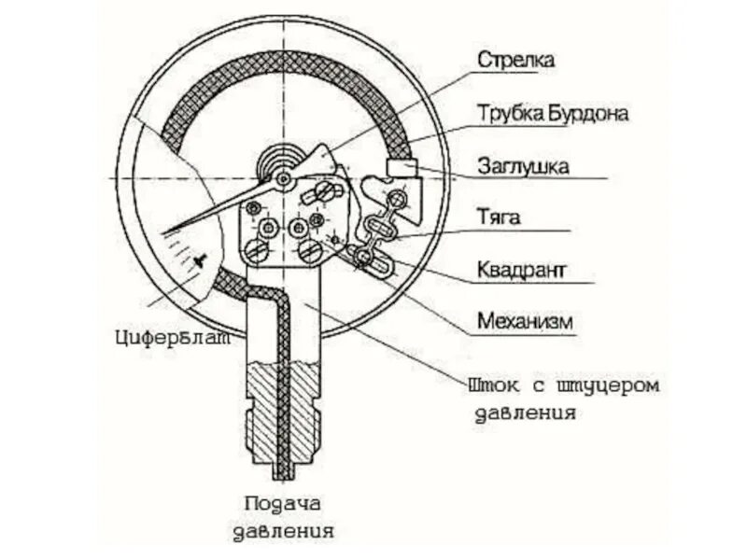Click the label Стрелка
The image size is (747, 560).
(x=516, y=61)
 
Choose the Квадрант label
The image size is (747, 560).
(x=523, y=271)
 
